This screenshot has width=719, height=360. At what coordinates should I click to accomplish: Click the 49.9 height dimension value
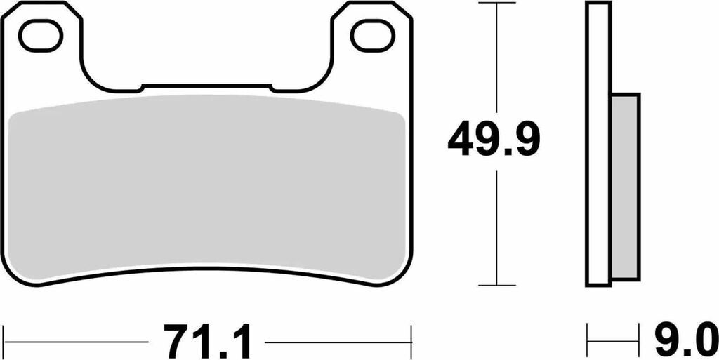tap(494, 139)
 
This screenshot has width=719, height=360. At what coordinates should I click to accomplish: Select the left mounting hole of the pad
tap(40, 36)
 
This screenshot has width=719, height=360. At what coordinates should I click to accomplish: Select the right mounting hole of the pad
tap(372, 36)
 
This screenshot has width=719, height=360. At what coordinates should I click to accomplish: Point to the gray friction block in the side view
tap(626, 187)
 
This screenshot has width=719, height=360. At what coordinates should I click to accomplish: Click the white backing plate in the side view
tap(598, 144)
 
